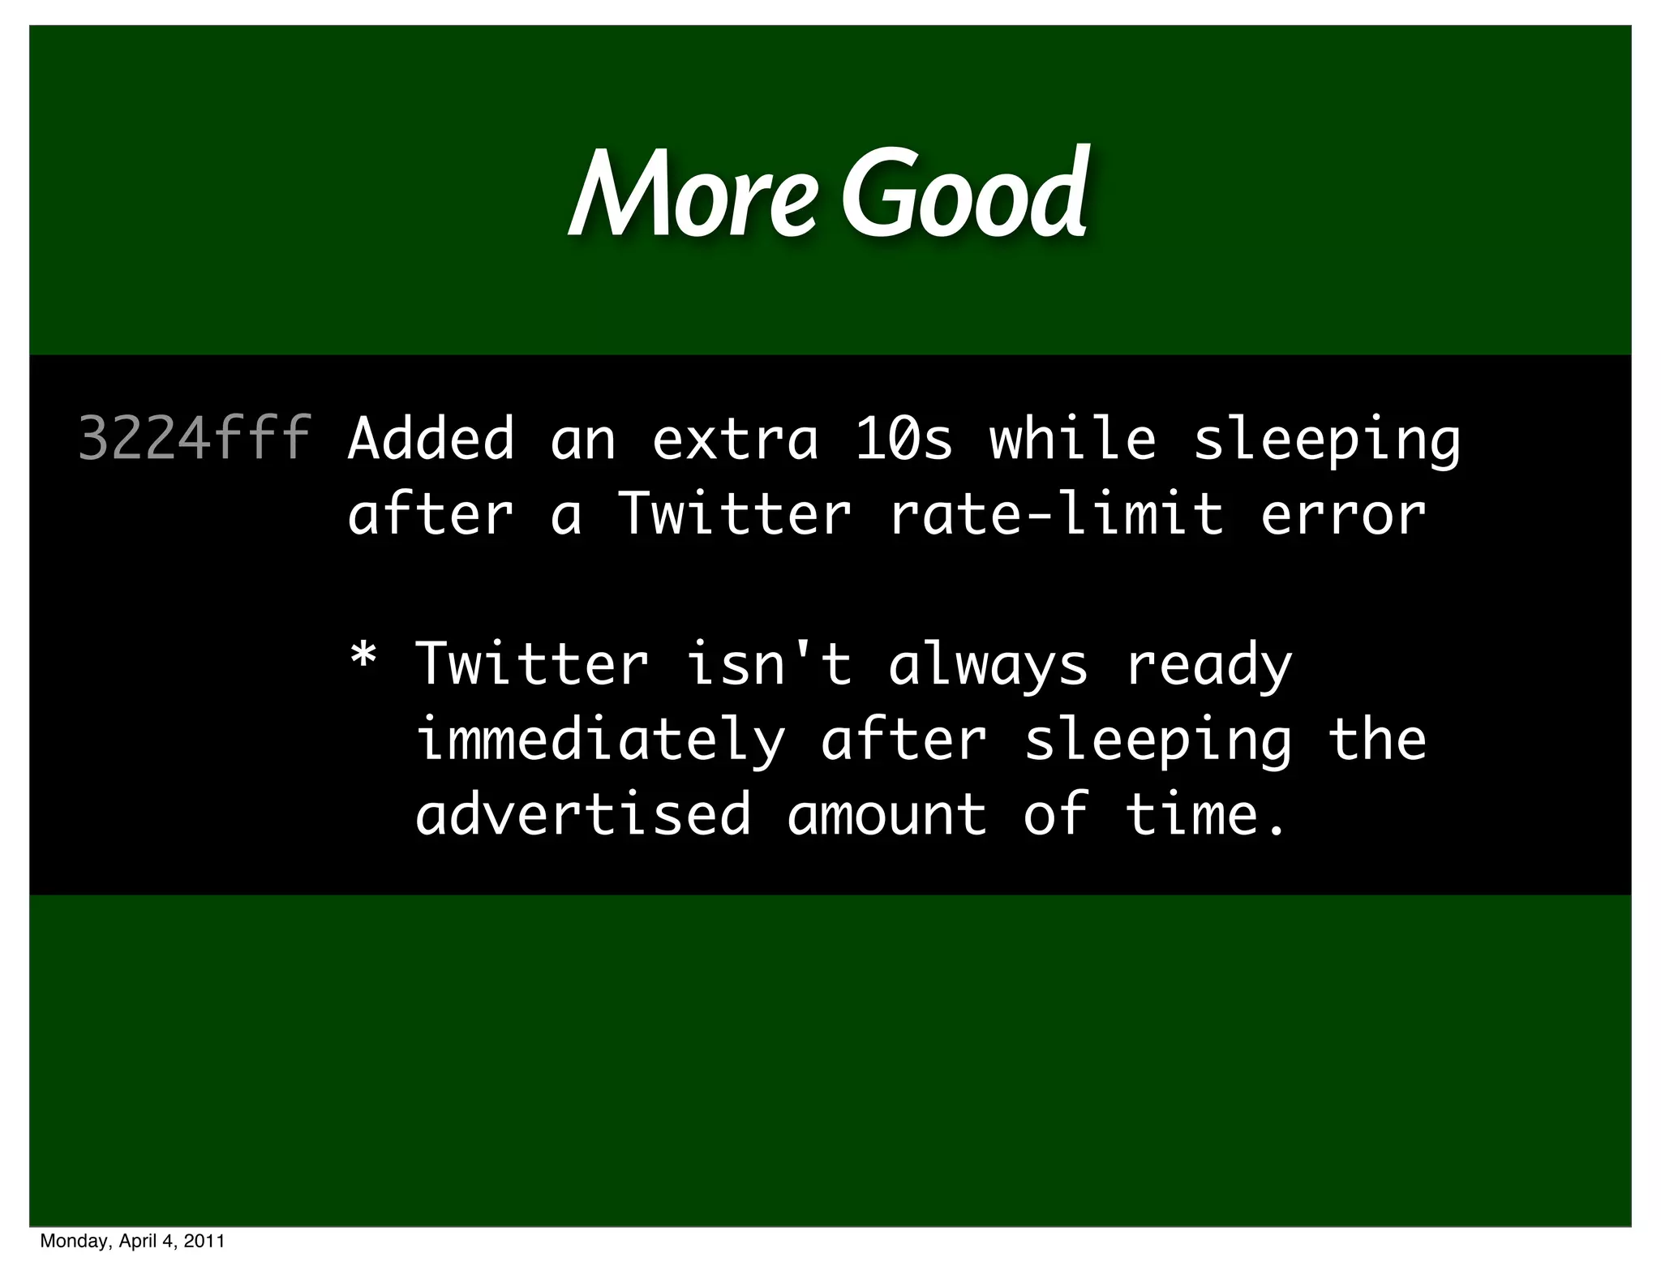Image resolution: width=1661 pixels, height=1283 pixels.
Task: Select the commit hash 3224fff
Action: tap(195, 439)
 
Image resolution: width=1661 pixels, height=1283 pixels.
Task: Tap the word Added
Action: tap(431, 439)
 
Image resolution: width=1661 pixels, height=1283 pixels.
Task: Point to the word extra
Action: tap(735, 439)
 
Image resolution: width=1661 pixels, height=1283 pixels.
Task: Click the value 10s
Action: tap(904, 439)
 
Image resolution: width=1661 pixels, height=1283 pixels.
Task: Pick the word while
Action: tap(1073, 439)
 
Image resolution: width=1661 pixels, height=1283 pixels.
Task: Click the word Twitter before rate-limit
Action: tap(735, 514)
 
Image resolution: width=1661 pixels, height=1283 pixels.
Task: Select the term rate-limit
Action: tap(1056, 514)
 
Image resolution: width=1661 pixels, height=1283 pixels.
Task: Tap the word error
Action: tap(1343, 514)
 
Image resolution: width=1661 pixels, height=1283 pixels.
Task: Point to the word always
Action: tap(988, 664)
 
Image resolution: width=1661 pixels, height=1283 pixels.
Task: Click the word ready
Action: tap(1208, 664)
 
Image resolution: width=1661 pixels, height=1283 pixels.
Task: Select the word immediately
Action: tap(600, 740)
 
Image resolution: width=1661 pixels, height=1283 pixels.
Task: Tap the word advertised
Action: tap(583, 814)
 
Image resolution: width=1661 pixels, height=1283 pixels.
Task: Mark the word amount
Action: tap(886, 814)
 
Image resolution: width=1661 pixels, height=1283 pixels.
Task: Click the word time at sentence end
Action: tap(1192, 814)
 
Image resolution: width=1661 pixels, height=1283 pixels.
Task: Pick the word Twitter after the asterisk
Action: tap(532, 664)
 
